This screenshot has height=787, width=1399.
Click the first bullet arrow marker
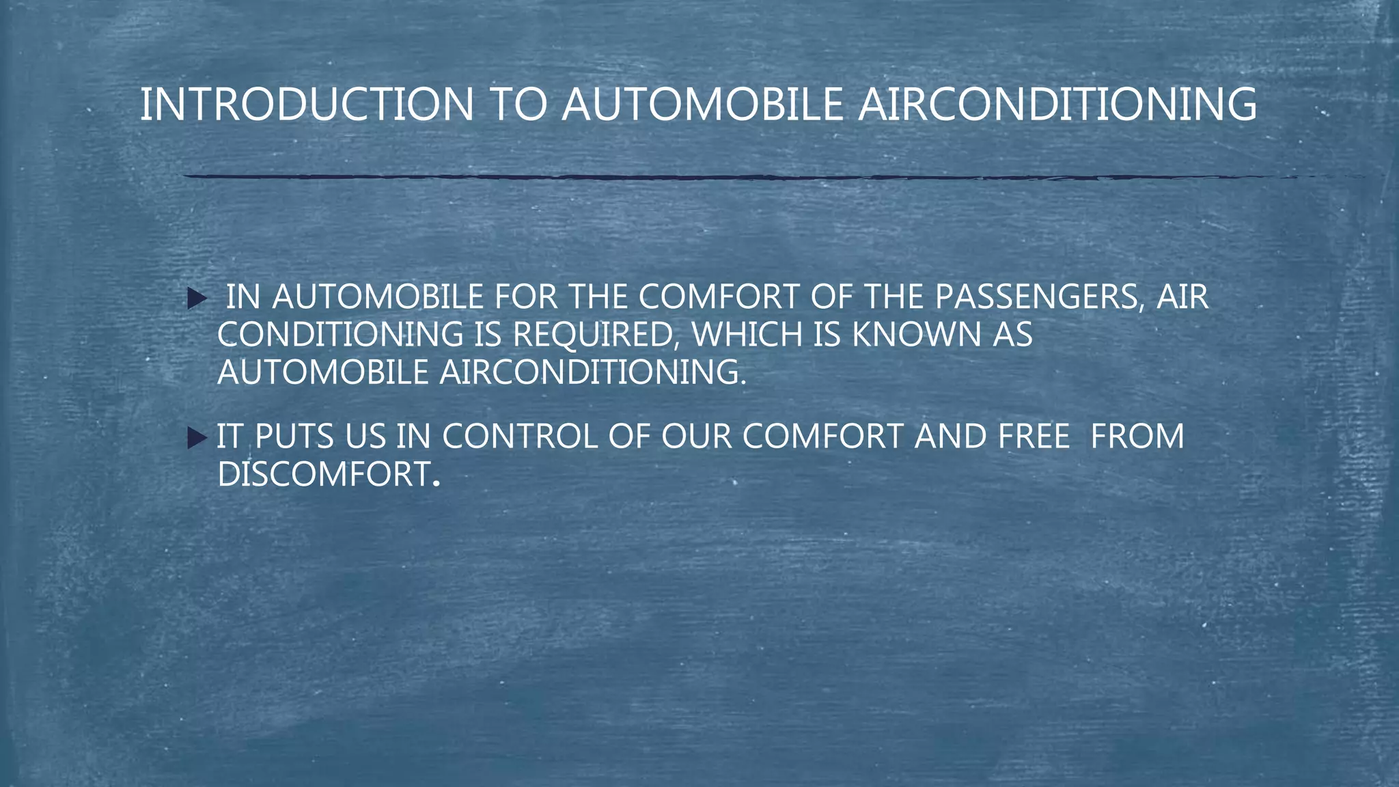[197, 298]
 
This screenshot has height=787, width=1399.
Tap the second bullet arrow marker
[197, 437]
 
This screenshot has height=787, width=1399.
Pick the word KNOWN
[916, 335]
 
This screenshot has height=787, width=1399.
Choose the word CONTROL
[520, 437]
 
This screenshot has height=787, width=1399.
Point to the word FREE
[1034, 437]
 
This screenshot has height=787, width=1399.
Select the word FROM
[1137, 437]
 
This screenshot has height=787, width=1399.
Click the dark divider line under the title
[683, 177]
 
